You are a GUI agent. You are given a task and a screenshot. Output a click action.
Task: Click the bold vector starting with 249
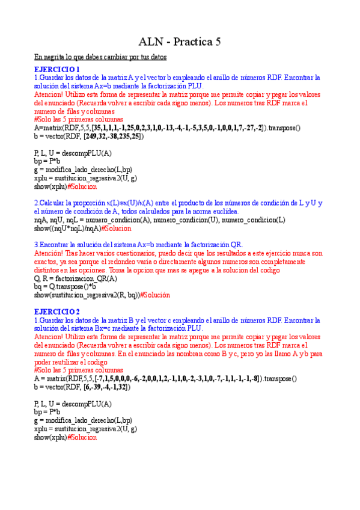click(113, 137)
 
